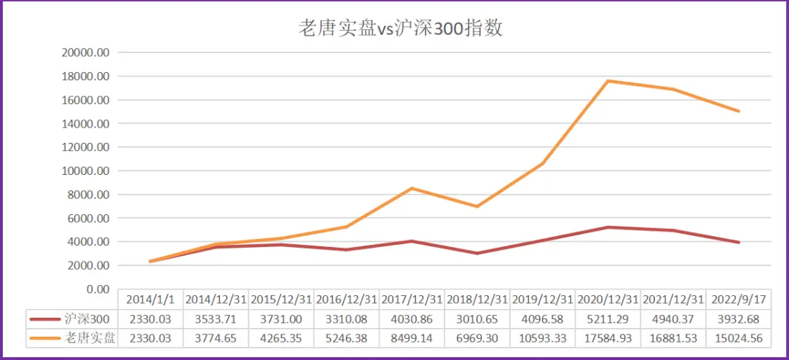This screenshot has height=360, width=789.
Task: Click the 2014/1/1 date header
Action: tap(150, 300)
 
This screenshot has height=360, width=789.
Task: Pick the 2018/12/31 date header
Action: tap(476, 300)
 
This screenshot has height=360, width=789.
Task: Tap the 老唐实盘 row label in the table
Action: tap(91, 337)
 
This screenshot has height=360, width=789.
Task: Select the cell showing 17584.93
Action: tap(608, 337)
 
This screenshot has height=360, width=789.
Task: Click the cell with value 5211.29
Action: tap(608, 318)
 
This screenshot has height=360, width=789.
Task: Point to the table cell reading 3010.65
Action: tap(476, 318)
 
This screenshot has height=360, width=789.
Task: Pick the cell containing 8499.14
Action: tap(412, 337)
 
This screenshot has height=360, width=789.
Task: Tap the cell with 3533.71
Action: tap(216, 318)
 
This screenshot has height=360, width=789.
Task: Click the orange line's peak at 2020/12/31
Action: tap(608, 81)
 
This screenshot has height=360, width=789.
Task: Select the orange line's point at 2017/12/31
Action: tap(412, 188)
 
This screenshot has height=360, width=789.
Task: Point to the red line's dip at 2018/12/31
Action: tap(476, 253)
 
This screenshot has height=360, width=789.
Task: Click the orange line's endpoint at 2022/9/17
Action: tap(739, 111)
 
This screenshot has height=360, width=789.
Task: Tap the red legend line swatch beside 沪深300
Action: tap(44, 319)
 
